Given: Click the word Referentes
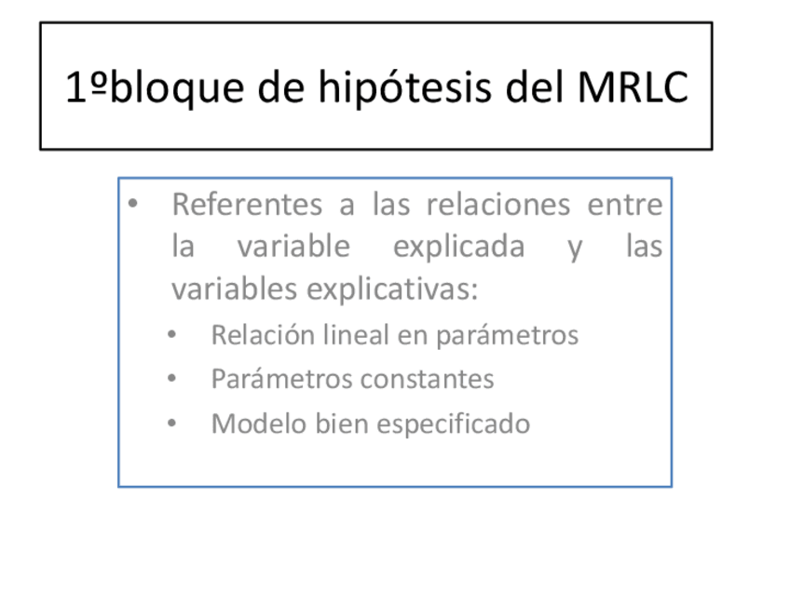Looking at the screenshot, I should [x=247, y=205].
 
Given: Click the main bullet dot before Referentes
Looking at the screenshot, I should [x=133, y=204].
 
